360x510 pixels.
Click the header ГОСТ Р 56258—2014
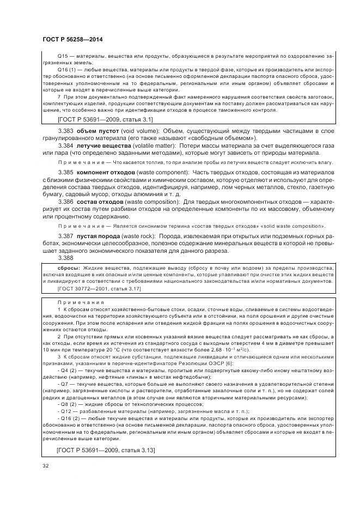[72, 40]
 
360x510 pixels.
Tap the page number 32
[45, 464]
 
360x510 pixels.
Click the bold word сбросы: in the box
[69, 269]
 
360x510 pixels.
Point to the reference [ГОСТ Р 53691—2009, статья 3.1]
[105, 118]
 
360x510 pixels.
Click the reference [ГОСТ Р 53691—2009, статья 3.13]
[106, 450]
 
